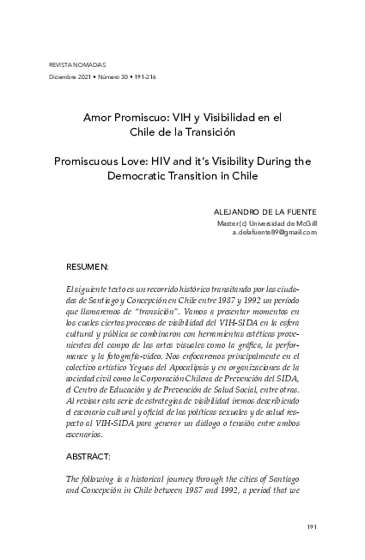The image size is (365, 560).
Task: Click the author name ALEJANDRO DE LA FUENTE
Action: (265, 212)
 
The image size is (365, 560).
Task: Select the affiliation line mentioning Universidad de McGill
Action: (267, 222)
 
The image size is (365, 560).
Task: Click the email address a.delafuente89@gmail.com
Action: (275, 232)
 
